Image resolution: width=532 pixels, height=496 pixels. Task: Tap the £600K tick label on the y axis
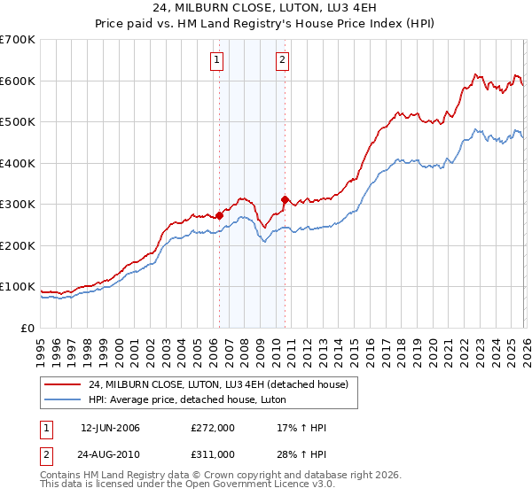[18, 81]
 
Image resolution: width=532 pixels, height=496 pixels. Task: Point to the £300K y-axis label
[18, 204]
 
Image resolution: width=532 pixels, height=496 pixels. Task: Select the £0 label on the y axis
[27, 328]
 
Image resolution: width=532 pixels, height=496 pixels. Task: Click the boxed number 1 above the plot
[217, 60]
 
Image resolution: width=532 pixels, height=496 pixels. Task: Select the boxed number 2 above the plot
[282, 60]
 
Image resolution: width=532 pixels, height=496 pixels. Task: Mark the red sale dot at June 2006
[219, 215]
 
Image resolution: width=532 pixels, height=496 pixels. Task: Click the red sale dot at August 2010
[285, 199]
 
